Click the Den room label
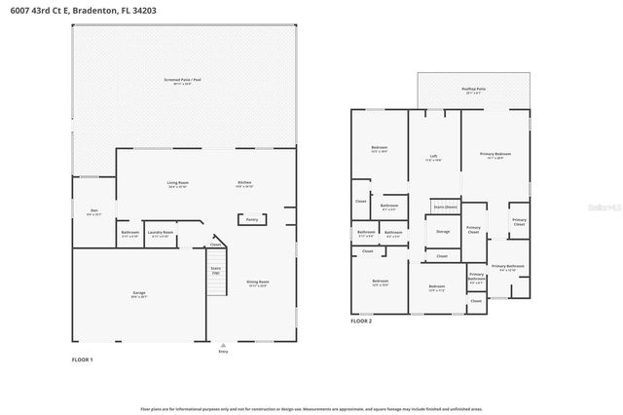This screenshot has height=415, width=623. tap(94, 211)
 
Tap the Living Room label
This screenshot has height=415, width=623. tap(177, 184)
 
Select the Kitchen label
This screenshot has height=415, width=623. tap(245, 184)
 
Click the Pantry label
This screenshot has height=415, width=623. tap(252, 220)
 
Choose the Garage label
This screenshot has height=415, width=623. tap(139, 292)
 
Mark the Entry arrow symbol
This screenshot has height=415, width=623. tap(223, 344)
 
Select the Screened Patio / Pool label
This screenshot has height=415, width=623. tap(183, 80)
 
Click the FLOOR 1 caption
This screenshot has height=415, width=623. tap(83, 360)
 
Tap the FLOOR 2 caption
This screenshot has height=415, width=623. tap(362, 321)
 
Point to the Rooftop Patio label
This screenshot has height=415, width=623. tap(474, 89)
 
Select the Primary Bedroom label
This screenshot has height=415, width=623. tap(495, 155)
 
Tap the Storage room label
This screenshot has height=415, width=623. tap(443, 232)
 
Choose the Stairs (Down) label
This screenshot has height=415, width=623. tap(445, 207)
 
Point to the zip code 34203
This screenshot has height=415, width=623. tap(144, 9)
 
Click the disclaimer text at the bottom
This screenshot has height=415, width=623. tap(311, 410)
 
